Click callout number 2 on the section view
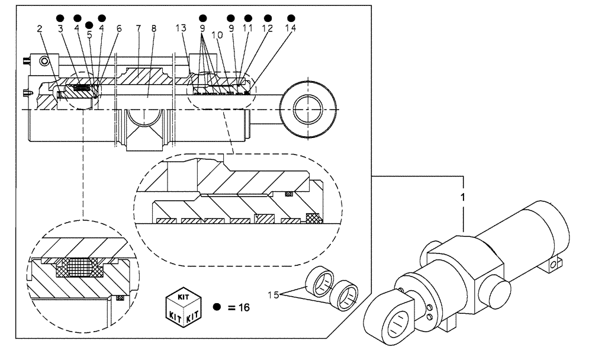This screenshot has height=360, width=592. (x=40, y=28)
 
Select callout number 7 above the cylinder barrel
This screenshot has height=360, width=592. (x=138, y=28)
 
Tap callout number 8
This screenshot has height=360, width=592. (x=153, y=28)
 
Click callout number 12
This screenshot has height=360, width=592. (x=268, y=28)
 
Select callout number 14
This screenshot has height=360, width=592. (x=291, y=28)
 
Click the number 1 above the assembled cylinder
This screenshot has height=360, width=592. (x=463, y=195)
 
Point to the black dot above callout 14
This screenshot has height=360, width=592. (x=291, y=18)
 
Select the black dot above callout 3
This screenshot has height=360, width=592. (x=60, y=18)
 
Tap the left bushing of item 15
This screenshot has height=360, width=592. (x=320, y=284)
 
